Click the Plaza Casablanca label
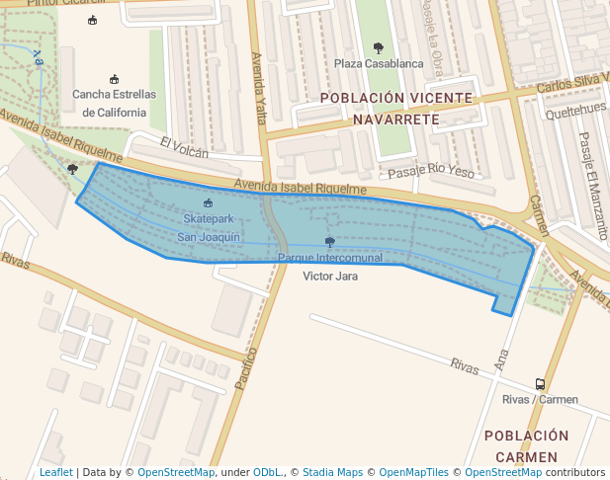tap(379, 64)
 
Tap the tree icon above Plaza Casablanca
tap(379, 47)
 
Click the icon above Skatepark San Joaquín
tap(208, 202)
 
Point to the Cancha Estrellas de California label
tap(115, 103)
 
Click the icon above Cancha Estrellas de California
tap(115, 79)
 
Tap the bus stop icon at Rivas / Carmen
tap(540, 384)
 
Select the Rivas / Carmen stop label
tap(540, 400)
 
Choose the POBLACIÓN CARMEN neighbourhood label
tap(527, 446)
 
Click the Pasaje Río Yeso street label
tap(432, 172)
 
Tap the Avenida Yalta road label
tap(259, 88)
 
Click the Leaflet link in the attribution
tap(55, 472)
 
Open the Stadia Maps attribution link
tap(332, 472)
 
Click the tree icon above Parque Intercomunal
tap(329, 241)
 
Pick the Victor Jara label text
tap(330, 277)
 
